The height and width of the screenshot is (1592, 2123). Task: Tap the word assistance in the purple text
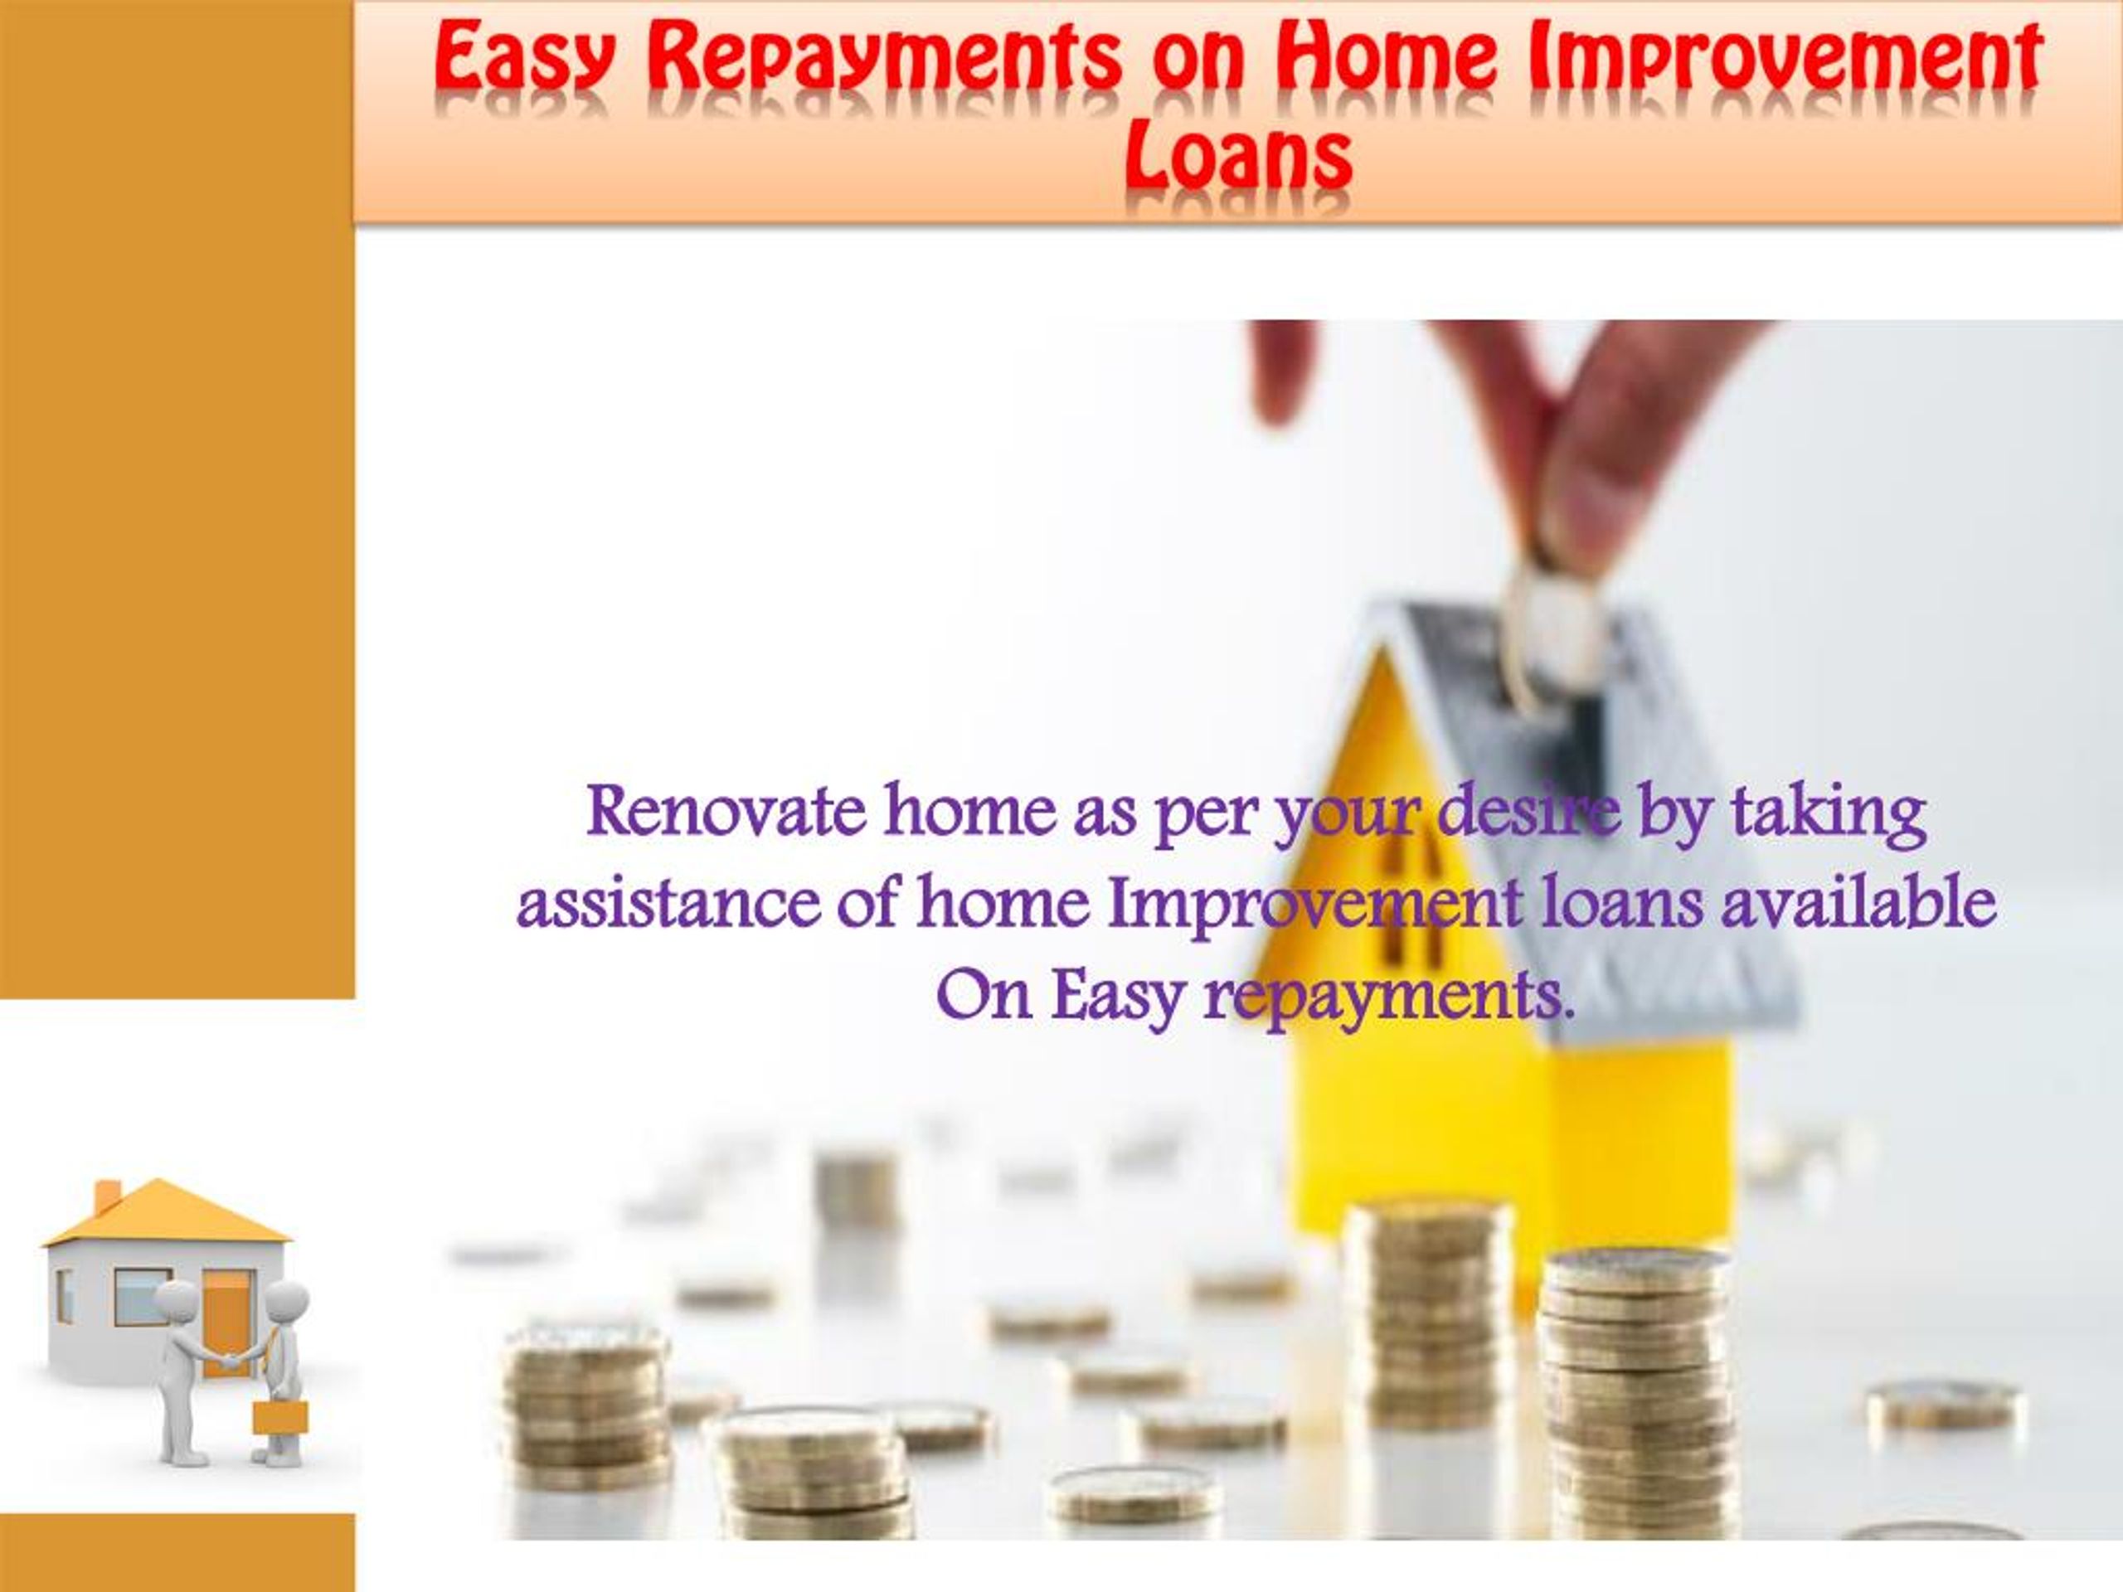(x=668, y=904)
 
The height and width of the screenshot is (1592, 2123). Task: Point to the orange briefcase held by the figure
(x=280, y=1416)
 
